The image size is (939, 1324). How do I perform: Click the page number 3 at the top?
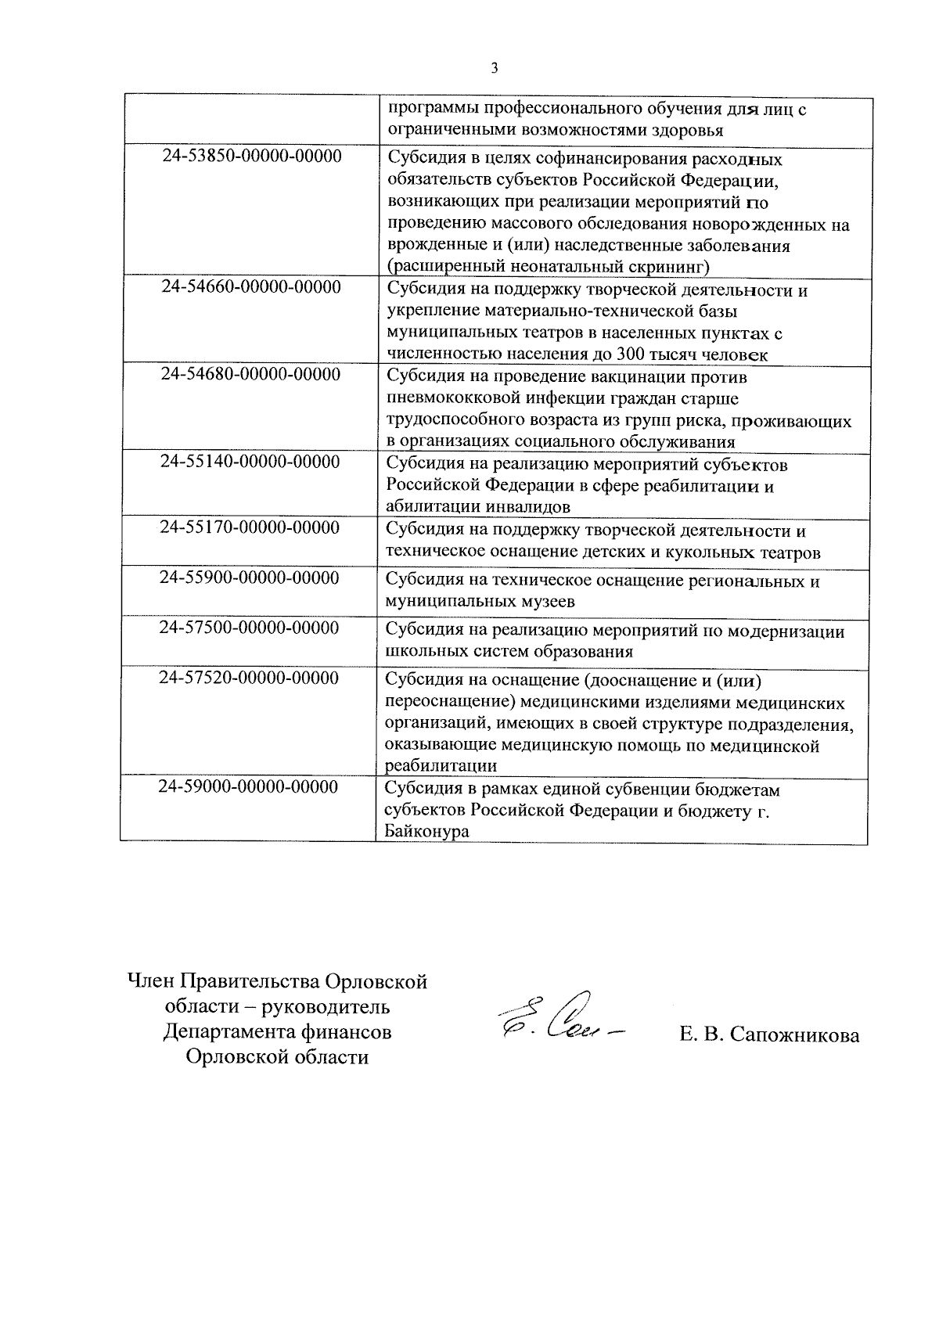click(x=494, y=68)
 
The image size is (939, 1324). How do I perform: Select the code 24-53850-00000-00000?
click(x=252, y=157)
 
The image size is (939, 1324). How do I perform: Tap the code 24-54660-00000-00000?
click(x=251, y=287)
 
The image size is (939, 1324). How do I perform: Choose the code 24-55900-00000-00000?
click(x=250, y=578)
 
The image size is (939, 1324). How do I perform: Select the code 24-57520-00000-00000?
click(x=249, y=678)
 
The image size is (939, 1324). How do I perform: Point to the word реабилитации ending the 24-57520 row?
click(x=442, y=766)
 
